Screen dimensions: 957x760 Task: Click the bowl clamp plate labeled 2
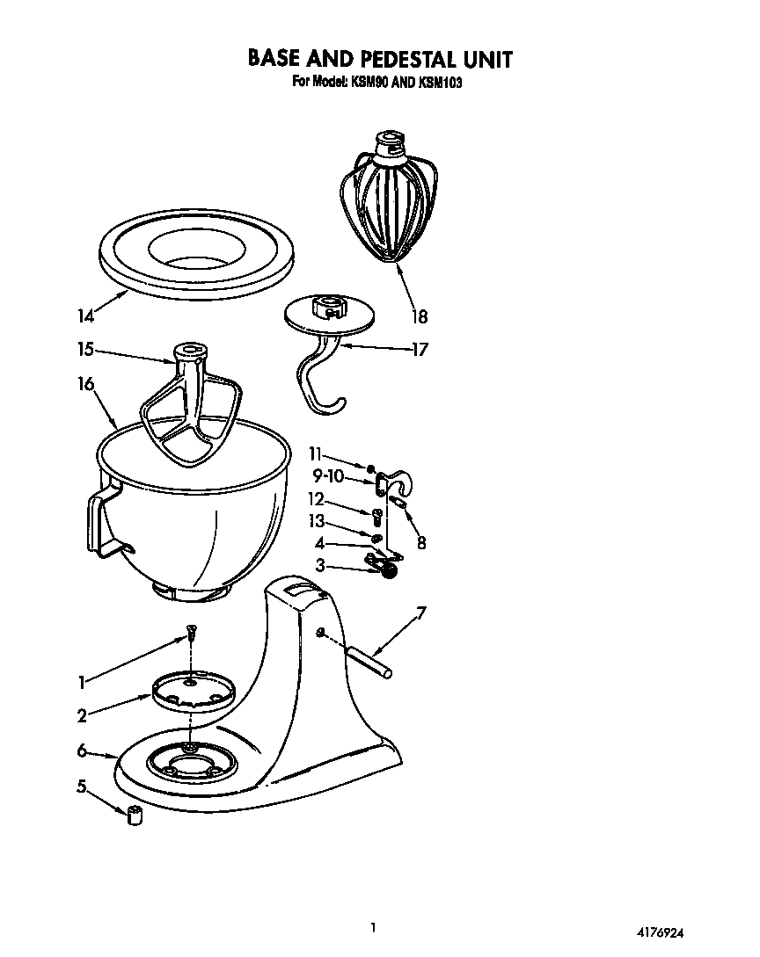tap(191, 690)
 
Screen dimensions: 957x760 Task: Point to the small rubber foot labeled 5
tap(135, 815)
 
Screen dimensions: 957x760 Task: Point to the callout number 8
tap(421, 543)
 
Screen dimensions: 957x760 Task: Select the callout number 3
tap(321, 566)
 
